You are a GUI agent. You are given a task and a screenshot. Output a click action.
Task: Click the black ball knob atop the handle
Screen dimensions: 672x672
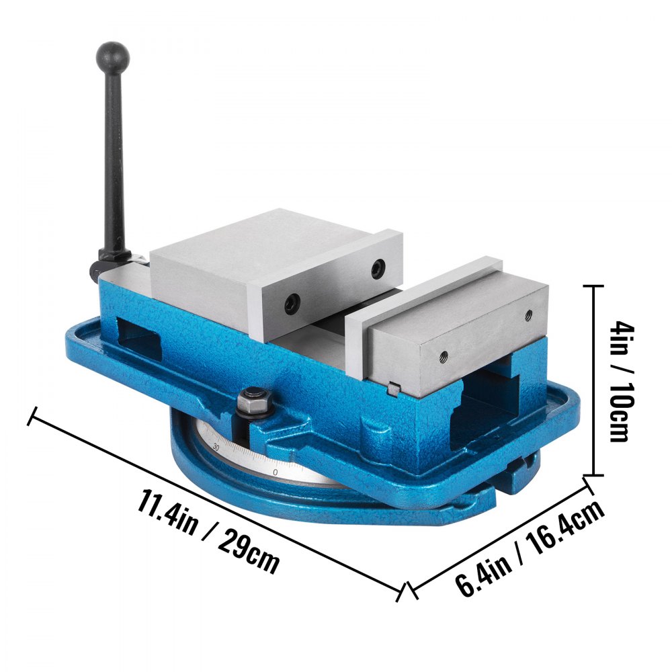(x=112, y=54)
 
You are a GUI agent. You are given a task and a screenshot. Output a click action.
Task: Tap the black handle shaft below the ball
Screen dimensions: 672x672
(x=113, y=155)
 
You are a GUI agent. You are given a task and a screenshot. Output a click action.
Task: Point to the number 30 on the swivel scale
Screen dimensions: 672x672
(x=216, y=446)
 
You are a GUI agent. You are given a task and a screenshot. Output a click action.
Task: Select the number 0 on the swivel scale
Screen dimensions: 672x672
(x=276, y=472)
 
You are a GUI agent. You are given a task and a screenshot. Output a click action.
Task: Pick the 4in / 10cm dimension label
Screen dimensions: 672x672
(x=618, y=381)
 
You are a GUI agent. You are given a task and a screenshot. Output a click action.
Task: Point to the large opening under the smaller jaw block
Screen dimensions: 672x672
(x=484, y=410)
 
